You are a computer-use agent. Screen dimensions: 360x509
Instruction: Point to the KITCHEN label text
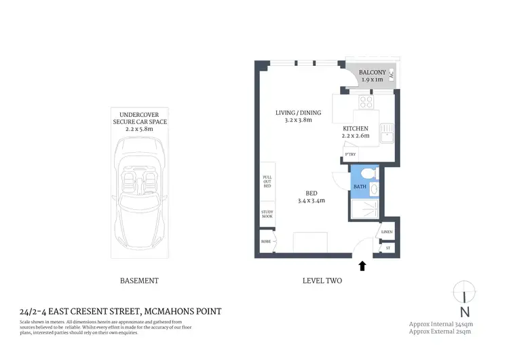coord(355,128)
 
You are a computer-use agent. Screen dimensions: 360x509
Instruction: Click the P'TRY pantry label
coord(351,155)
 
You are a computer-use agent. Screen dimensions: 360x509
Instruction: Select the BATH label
coord(360,186)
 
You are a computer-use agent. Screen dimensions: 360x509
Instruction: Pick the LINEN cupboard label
coord(387,232)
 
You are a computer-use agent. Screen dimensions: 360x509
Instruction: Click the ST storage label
coord(388,248)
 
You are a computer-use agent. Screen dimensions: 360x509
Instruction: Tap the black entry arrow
coord(362,266)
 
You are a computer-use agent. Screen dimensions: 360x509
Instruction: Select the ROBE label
coord(266,241)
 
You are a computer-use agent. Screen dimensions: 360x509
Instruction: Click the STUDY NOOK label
coord(267,214)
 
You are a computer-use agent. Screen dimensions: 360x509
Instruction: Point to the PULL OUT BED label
coord(267,181)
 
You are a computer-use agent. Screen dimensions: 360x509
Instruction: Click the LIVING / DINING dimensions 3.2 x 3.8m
coord(298,120)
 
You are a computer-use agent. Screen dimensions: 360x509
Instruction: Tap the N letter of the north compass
coord(464,312)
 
